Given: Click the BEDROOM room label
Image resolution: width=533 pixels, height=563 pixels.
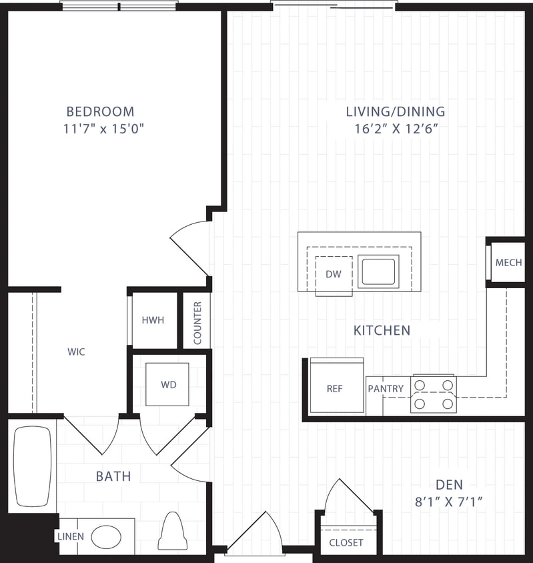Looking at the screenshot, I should point(100,111).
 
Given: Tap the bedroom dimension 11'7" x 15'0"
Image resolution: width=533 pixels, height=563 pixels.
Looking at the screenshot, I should point(104,129).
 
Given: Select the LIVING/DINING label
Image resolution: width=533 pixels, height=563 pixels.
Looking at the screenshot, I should point(396,111).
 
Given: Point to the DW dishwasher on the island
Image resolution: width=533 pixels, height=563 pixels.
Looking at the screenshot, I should point(334,273).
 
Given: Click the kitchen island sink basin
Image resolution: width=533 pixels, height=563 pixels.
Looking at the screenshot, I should point(378,271).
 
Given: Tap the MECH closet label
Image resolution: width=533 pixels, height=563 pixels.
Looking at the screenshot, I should point(508,263).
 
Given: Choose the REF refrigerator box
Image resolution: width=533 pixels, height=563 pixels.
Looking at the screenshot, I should point(334,388).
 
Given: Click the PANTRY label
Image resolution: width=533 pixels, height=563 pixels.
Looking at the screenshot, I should point(386,389).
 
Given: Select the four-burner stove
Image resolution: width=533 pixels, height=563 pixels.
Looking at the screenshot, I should point(433,394).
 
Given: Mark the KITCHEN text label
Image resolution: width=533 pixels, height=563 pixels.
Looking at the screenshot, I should point(382,330).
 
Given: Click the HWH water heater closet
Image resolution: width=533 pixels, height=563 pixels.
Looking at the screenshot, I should point(153,320).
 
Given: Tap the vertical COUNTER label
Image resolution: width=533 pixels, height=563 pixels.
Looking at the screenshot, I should point(197,324).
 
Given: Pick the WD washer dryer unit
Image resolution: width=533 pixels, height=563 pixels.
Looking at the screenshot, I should point(167,385).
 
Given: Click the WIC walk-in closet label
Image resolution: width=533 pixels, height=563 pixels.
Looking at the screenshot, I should point(76,352).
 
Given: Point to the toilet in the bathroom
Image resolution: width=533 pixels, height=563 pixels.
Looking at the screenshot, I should point(172,531).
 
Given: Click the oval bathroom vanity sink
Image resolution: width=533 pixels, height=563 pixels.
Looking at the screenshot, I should point(106,536).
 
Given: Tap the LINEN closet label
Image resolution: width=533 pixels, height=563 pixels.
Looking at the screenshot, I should point(69,536).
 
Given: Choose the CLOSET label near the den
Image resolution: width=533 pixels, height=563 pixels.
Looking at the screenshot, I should point(347,542).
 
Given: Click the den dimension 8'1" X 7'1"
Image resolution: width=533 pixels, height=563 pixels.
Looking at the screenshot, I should point(449,502).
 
